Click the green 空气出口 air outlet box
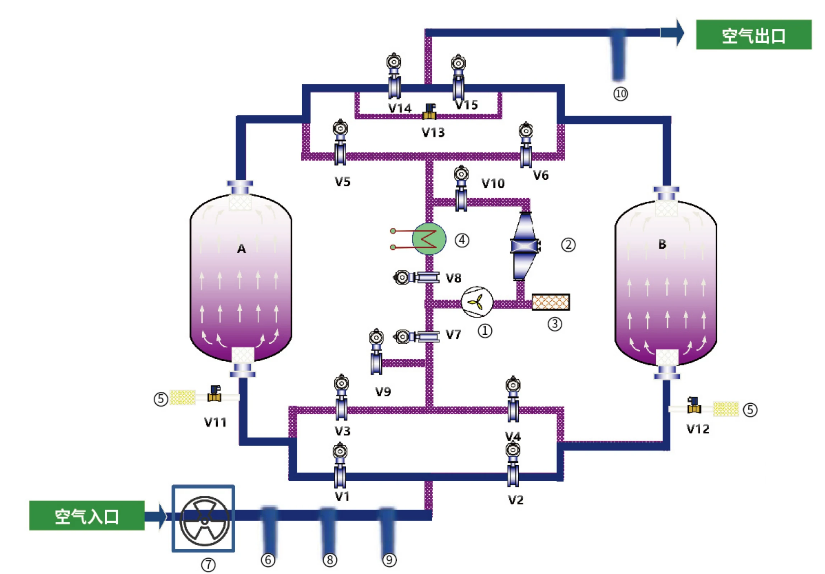(754, 34)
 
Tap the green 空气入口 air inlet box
(87, 516)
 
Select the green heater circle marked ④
(429, 239)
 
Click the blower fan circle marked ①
(477, 302)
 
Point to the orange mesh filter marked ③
(551, 302)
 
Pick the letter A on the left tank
(241, 249)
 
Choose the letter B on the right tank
(662, 244)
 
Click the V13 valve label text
(433, 133)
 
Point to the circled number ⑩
(621, 94)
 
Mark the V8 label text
(453, 278)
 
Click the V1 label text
(342, 497)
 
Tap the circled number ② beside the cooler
(569, 245)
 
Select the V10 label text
(493, 184)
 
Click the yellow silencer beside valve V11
(183, 397)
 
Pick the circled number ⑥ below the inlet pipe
(268, 560)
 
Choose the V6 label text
(541, 175)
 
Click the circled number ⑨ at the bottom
(390, 560)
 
